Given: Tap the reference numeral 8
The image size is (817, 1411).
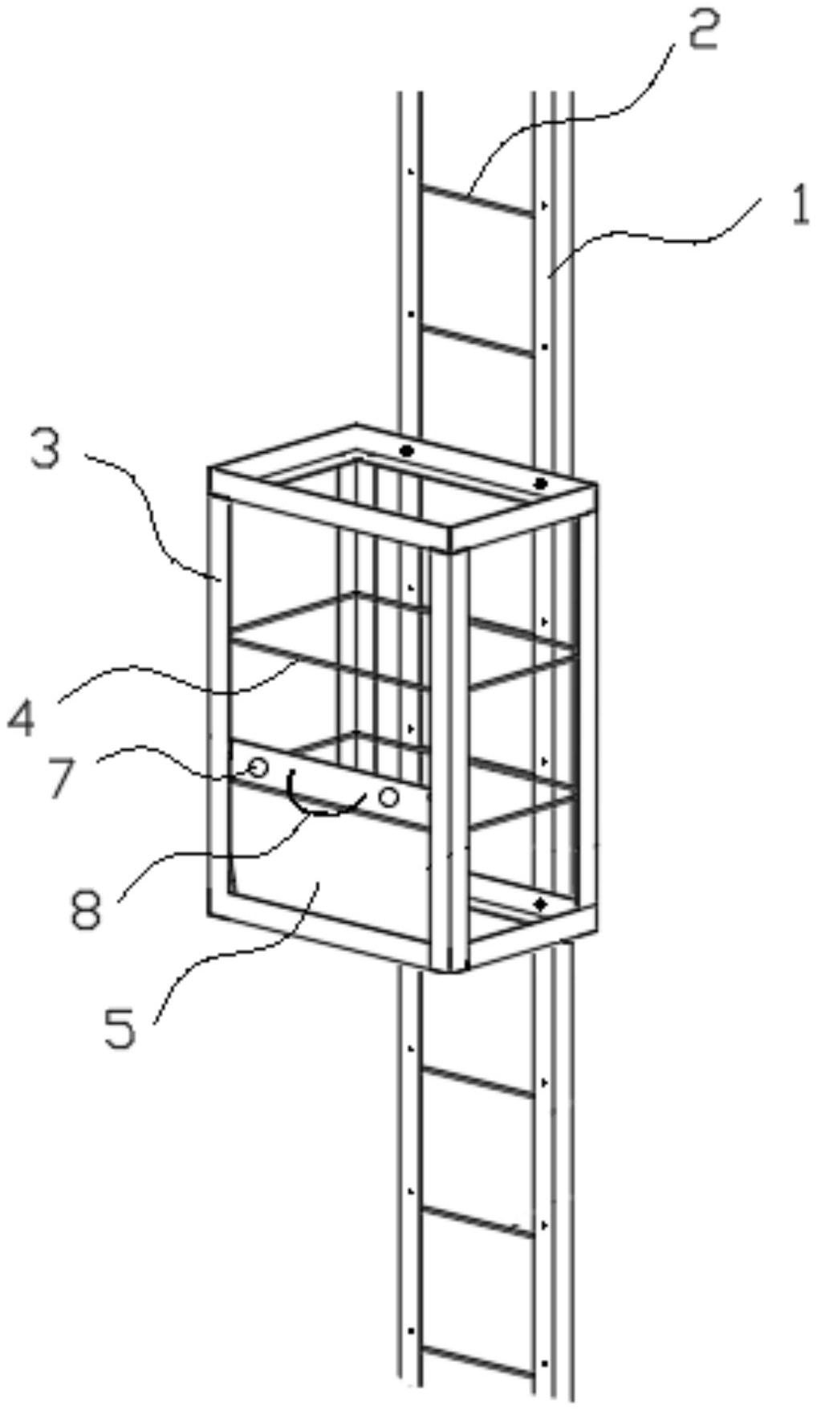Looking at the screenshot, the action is tap(86, 909).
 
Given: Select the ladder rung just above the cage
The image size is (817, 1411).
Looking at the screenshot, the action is tap(479, 340).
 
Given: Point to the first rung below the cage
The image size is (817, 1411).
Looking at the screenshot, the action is tap(479, 1081).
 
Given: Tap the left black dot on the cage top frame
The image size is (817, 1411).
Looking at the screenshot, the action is tap(407, 451).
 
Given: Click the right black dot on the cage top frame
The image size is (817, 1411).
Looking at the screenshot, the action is tap(541, 483).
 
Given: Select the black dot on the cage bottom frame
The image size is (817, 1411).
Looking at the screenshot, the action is tap(540, 904).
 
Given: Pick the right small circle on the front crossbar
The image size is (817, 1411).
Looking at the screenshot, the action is tap(389, 797).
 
